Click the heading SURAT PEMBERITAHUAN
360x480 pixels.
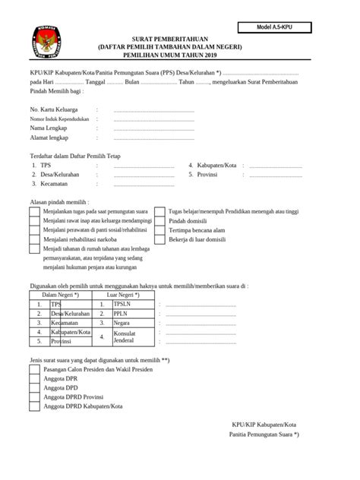click(x=180, y=37)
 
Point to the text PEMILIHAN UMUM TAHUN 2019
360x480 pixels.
click(x=180, y=54)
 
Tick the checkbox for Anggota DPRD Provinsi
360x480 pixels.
click(x=35, y=397)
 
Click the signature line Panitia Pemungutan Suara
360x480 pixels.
click(x=264, y=434)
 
